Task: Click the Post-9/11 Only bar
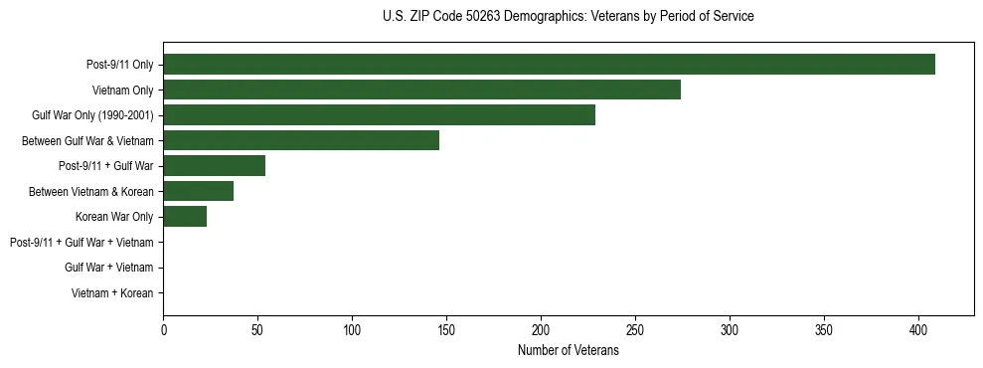tap(549, 65)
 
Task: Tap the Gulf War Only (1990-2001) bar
tap(379, 115)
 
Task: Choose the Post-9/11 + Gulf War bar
tap(214, 166)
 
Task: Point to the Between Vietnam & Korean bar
tap(198, 191)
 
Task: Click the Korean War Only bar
tap(185, 217)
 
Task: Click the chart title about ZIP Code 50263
tap(568, 17)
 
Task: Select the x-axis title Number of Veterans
tap(568, 351)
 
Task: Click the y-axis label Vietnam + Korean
tap(112, 293)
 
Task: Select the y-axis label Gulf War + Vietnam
tap(108, 268)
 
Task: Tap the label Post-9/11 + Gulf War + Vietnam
tap(82, 243)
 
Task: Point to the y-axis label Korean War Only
tap(114, 217)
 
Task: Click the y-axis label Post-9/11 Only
tap(120, 65)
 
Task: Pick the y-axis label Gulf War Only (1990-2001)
tap(92, 115)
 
